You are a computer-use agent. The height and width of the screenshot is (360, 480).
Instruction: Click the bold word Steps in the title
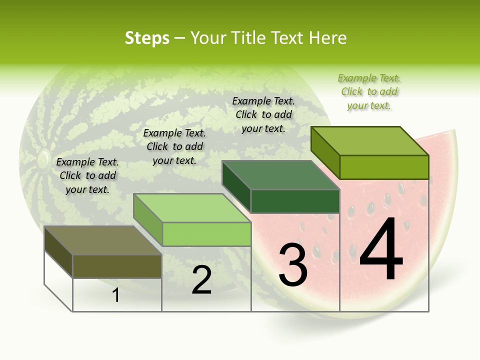(147, 38)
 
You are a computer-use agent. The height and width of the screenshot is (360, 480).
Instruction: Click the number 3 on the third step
(292, 265)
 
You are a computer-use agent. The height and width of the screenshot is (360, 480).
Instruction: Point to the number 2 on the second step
(201, 280)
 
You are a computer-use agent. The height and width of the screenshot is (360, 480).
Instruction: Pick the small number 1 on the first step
(116, 295)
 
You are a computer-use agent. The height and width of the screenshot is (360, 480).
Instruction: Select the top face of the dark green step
(280, 175)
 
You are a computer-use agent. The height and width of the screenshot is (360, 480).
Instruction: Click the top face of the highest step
(370, 140)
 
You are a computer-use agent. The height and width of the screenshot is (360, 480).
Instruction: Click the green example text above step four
(369, 91)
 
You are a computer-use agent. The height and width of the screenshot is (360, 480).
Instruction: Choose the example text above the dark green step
(263, 114)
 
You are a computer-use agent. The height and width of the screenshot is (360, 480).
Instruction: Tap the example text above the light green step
(174, 146)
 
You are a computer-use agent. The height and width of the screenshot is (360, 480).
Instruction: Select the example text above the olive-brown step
(87, 175)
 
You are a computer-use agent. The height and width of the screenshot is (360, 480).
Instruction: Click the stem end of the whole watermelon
(42, 159)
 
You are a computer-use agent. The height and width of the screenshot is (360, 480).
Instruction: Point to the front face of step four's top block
(384, 167)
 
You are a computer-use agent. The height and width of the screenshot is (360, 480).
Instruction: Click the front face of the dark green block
(295, 201)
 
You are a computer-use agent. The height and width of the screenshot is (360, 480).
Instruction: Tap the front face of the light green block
(206, 234)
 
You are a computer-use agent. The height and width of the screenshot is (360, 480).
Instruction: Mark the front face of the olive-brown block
(117, 266)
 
